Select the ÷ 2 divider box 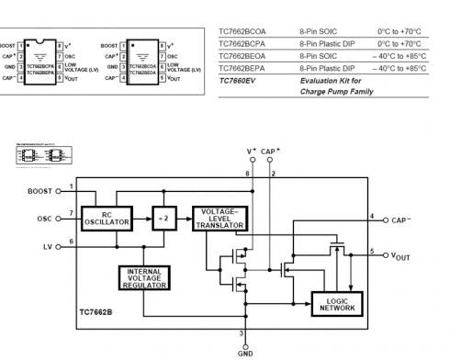coord(165,219)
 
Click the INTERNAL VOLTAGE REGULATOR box coord(143,277)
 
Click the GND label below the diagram coord(245,352)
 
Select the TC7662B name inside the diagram coord(96,324)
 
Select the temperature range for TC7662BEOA coord(399,56)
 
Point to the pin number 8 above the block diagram coord(247,173)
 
